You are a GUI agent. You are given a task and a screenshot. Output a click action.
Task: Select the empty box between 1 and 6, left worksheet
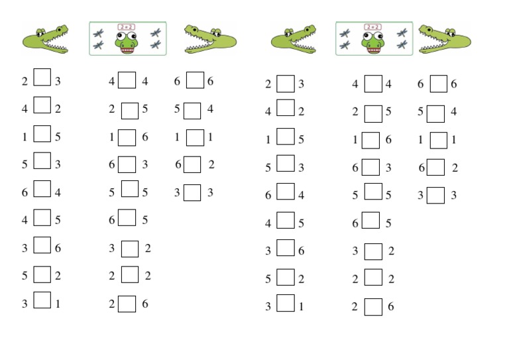click(x=127, y=137)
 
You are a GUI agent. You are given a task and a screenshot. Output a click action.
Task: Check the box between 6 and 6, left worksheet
click(x=195, y=80)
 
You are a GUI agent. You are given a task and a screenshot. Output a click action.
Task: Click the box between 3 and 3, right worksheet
click(x=435, y=196)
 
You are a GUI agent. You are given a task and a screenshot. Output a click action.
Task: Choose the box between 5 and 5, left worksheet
click(x=131, y=190)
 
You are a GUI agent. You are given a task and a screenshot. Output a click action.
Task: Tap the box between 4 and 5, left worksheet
click(x=42, y=217)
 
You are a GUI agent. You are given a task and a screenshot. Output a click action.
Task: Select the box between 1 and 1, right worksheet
click(x=438, y=141)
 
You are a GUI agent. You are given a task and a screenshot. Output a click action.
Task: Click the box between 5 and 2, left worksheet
click(x=42, y=274)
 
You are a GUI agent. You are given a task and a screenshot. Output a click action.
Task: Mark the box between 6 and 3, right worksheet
click(x=371, y=168)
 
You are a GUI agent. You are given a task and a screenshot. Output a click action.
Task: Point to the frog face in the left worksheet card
click(x=127, y=43)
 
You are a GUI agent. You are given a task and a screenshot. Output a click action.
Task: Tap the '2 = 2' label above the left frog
click(x=127, y=27)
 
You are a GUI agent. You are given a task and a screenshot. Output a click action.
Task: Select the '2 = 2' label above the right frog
click(x=372, y=27)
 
